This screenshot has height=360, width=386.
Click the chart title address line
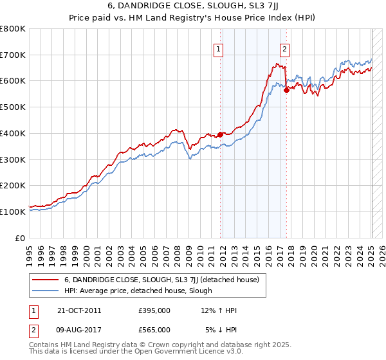coord(192,7)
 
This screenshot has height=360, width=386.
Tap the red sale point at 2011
coord(220,134)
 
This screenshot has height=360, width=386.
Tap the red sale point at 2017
coord(287,90)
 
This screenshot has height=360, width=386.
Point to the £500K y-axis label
coord(13,107)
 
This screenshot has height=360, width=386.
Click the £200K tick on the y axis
coord(13,185)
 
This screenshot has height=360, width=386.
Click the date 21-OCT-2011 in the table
coord(79,310)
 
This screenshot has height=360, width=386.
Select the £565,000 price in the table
coord(154,330)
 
